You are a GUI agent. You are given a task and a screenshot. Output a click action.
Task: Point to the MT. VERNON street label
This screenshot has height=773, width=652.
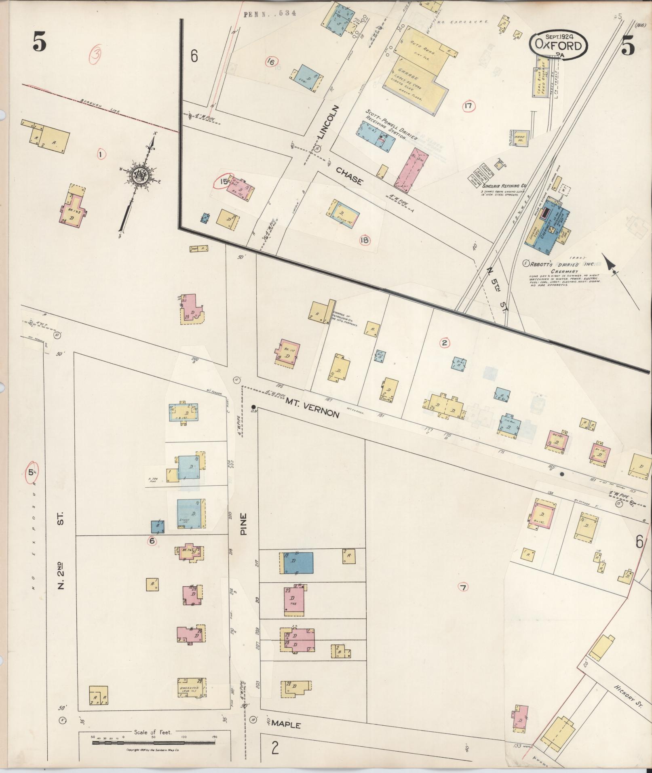click(312, 408)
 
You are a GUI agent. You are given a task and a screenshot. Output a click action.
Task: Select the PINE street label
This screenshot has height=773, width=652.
click(243, 524)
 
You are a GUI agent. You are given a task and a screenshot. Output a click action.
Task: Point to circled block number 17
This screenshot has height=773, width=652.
click(468, 107)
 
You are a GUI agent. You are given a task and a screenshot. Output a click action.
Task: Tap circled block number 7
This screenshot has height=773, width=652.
click(463, 587)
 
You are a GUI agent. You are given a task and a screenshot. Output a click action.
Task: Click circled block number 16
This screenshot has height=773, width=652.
click(270, 62)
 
